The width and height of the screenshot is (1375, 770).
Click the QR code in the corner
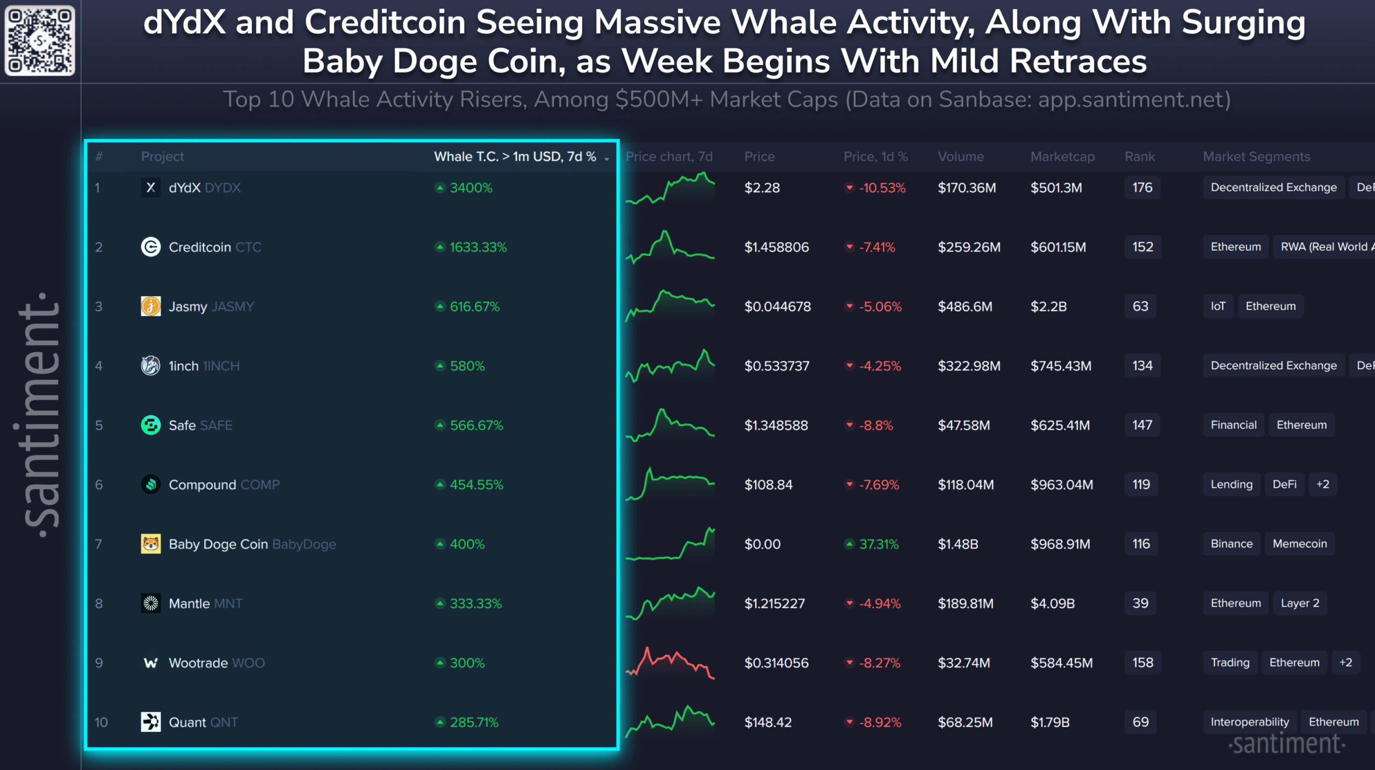click(39, 40)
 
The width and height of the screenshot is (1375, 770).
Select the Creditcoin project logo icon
click(150, 247)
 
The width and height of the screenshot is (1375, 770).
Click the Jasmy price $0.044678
click(777, 307)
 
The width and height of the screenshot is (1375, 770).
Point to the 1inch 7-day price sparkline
click(670, 366)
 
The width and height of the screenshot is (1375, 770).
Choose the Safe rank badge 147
click(1142, 426)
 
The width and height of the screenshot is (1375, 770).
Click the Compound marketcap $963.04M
click(1061, 485)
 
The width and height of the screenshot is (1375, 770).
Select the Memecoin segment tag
click(1299, 544)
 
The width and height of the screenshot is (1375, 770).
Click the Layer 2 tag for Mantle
click(1299, 603)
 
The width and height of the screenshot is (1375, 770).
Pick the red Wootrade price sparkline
click(670, 663)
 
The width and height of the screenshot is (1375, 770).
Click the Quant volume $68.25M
click(965, 723)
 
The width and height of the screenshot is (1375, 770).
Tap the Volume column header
click(960, 157)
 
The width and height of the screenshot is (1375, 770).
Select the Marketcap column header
click(1062, 157)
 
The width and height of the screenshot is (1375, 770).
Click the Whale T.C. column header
click(515, 157)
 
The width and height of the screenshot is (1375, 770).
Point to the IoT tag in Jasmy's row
click(1218, 306)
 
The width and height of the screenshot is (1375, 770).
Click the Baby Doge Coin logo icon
click(150, 544)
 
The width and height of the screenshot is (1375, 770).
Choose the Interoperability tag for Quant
click(1249, 722)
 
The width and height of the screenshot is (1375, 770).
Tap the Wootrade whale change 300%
click(467, 663)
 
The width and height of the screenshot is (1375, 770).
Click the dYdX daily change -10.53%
click(881, 188)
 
